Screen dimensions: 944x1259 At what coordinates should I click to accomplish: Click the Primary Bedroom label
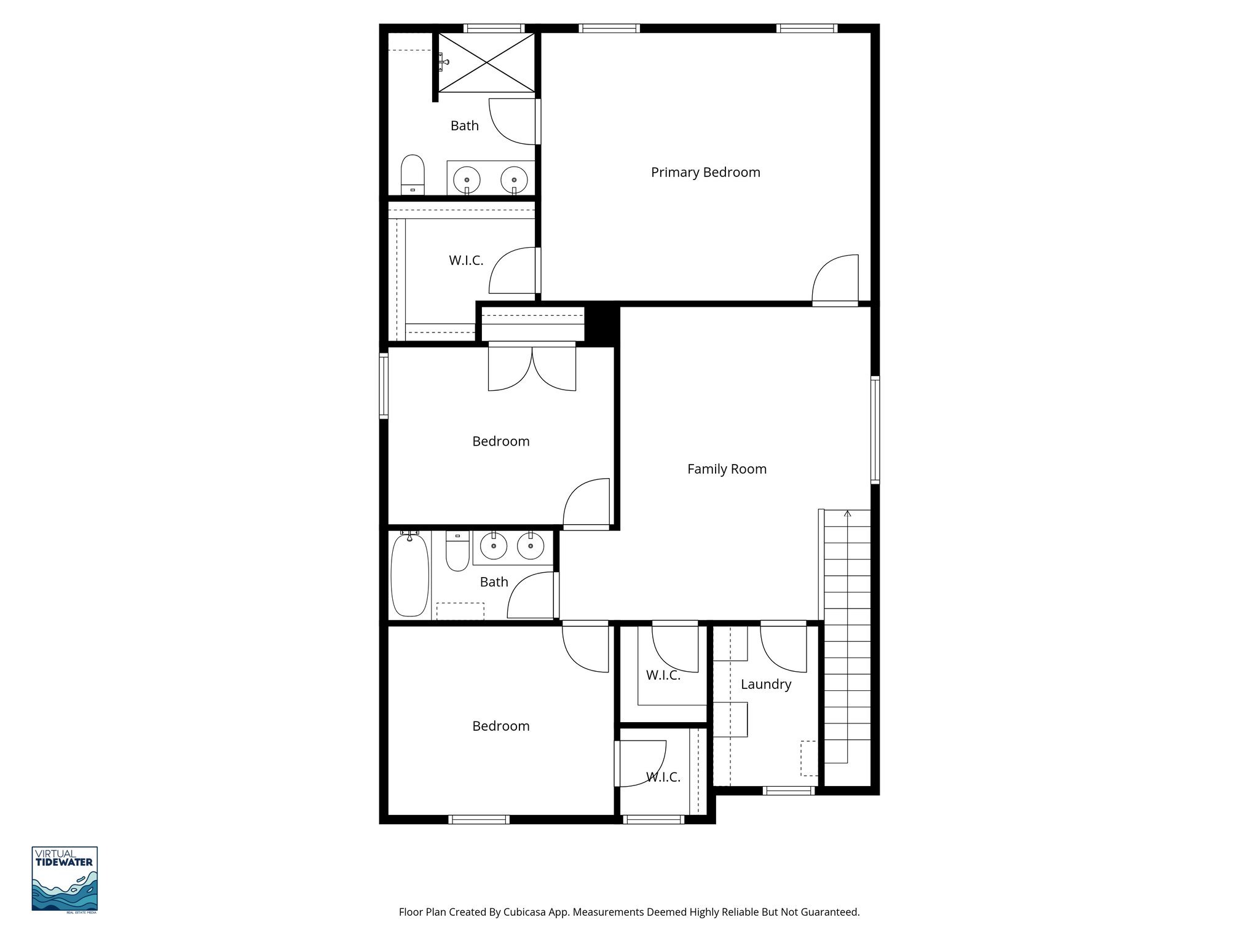pos(705,173)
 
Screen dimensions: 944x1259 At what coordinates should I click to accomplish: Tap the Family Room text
pos(727,470)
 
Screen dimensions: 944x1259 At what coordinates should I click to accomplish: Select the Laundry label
pos(765,685)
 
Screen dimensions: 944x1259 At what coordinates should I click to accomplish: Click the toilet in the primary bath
pos(412,174)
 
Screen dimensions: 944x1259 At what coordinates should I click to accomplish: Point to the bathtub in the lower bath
pos(410,575)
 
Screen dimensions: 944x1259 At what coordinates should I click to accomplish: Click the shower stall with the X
pos(487,63)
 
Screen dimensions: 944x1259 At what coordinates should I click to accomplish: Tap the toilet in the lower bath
pos(457,551)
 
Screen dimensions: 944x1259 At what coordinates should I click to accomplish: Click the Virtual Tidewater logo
pos(65,879)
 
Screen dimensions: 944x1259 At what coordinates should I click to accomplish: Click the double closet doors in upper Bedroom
pos(532,368)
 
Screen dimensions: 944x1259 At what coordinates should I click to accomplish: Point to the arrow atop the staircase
pos(848,513)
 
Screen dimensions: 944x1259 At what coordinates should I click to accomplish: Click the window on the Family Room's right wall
pos(875,430)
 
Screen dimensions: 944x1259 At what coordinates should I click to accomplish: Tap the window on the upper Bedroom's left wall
pos(384,386)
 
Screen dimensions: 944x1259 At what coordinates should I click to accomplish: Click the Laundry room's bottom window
pos(789,791)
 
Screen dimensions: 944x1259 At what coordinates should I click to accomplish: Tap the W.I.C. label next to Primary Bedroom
pos(466,261)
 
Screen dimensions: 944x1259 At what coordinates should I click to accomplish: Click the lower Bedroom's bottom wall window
pos(479,819)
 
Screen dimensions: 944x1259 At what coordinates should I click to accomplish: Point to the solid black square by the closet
pos(601,323)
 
